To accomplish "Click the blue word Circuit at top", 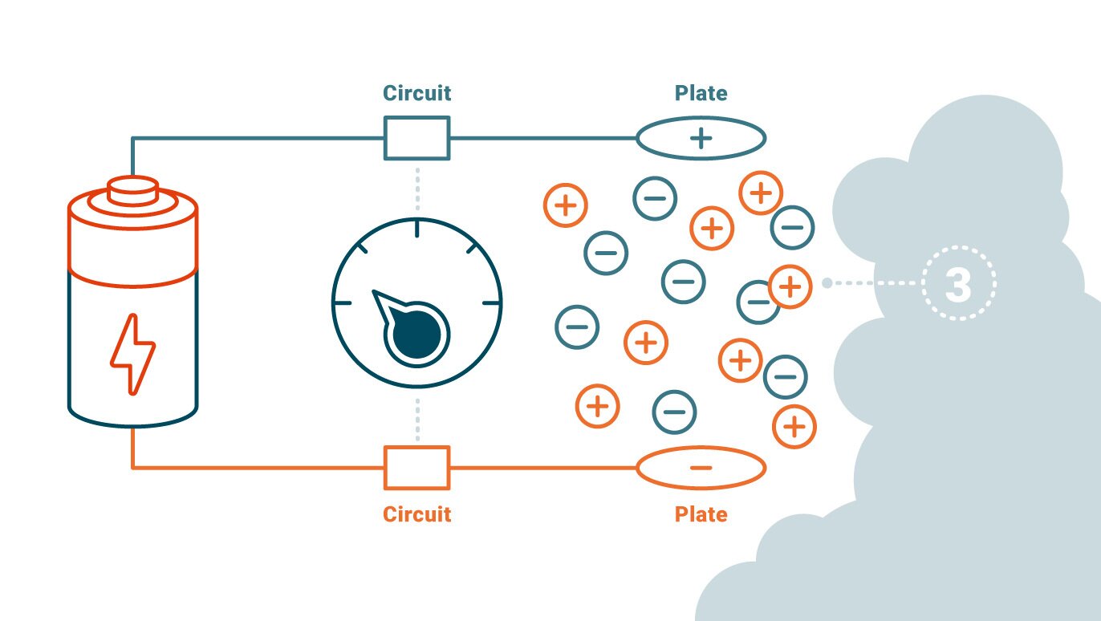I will [416, 93].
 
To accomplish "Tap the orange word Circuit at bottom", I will [416, 513].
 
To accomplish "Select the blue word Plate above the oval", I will [701, 93].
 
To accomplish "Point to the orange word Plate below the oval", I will [701, 513].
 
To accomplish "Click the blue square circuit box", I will [416, 137].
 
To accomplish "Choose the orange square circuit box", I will [416, 467].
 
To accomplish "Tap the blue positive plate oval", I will [701, 138].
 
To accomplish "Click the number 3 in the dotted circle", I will [958, 284].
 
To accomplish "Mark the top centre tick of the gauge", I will [416, 229].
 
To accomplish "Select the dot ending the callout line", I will [827, 283].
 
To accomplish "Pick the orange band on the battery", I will [132, 241].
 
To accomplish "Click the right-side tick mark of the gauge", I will [491, 303].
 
